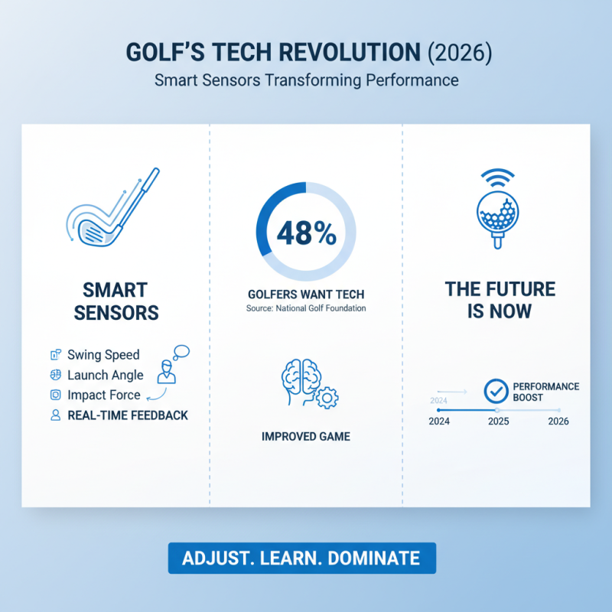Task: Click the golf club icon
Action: (112, 210)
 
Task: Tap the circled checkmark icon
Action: (496, 392)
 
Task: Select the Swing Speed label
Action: (103, 355)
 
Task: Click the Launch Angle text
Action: (105, 375)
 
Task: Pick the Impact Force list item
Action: (104, 395)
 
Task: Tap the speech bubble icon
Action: (181, 353)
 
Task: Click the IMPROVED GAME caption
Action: (305, 437)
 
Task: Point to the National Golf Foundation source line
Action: (306, 308)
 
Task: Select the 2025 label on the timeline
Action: (498, 422)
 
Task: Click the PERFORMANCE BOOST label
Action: (545, 392)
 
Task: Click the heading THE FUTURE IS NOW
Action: (500, 300)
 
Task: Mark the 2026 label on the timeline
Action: (558, 422)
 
